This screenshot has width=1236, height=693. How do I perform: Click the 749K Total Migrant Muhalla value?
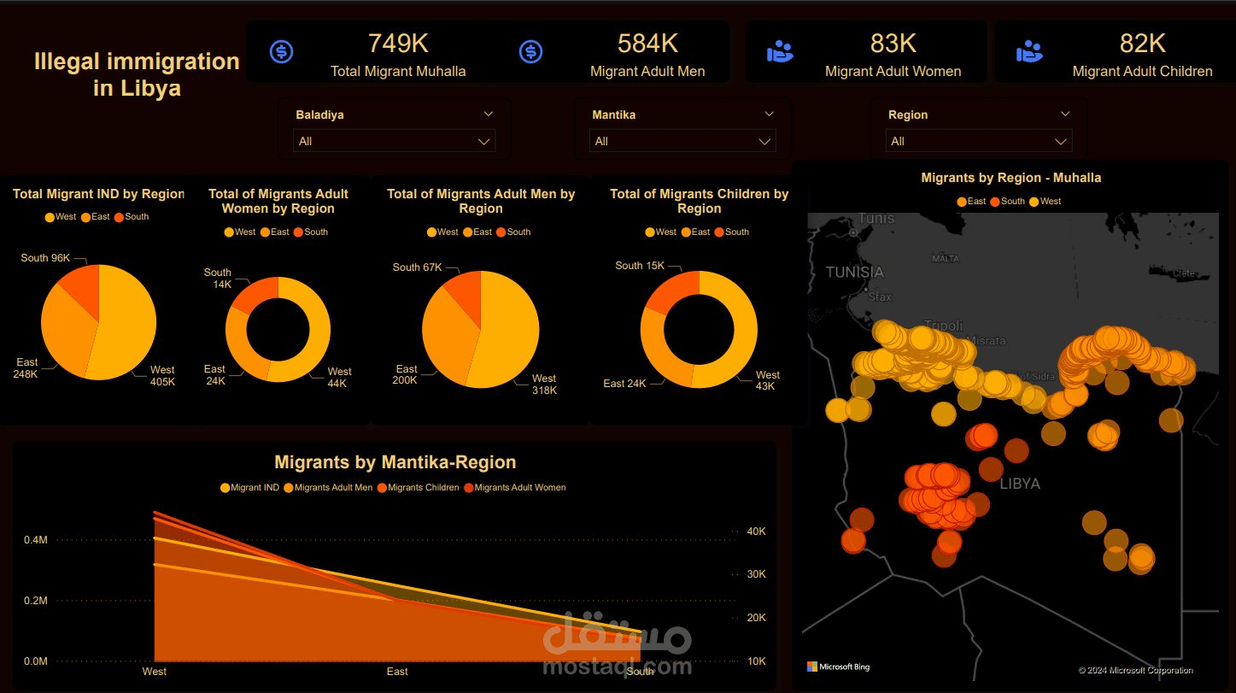pyautogui.click(x=398, y=44)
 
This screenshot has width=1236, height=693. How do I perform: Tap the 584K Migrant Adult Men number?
pyautogui.click(x=647, y=44)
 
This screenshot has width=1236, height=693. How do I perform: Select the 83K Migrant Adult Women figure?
pyautogui.click(x=893, y=44)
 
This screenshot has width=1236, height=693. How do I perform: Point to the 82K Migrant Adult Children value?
pyautogui.click(x=1142, y=44)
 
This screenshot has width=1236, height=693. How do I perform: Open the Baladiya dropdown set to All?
pyautogui.click(x=394, y=141)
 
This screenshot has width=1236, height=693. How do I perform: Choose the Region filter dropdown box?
pyautogui.click(x=979, y=141)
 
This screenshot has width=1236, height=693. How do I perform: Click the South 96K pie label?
pyautogui.click(x=45, y=258)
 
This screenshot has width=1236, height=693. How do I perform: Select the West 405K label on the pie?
pyautogui.click(x=162, y=376)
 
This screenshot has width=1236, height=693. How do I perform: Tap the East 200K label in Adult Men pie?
pyautogui.click(x=406, y=374)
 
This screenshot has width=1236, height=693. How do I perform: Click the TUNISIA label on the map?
pyautogui.click(x=854, y=273)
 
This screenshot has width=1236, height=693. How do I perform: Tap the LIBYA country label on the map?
pyautogui.click(x=1020, y=484)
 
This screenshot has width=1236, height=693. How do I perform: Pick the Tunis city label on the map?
pyautogui.click(x=876, y=219)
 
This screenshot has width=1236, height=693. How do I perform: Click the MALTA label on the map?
pyautogui.click(x=946, y=258)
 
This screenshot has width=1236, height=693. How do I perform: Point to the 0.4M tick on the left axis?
pyautogui.click(x=36, y=540)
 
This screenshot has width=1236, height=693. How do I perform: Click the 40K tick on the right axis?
pyautogui.click(x=756, y=531)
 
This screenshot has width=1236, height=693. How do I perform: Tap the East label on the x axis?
pyautogui.click(x=397, y=672)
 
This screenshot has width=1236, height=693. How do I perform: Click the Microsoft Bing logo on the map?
pyautogui.click(x=838, y=667)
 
